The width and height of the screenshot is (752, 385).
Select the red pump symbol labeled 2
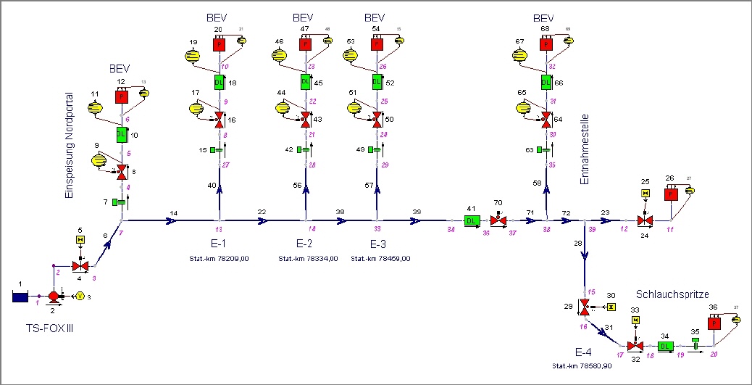(54, 296)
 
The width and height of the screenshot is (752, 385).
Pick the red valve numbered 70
(498, 220)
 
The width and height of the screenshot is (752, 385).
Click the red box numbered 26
(671, 194)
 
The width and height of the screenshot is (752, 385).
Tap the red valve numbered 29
(584, 307)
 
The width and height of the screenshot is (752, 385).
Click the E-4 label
(584, 352)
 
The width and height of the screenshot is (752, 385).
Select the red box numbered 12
(121, 96)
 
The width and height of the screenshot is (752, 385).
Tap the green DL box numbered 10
(121, 134)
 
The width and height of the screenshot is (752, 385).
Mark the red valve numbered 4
(80, 267)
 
